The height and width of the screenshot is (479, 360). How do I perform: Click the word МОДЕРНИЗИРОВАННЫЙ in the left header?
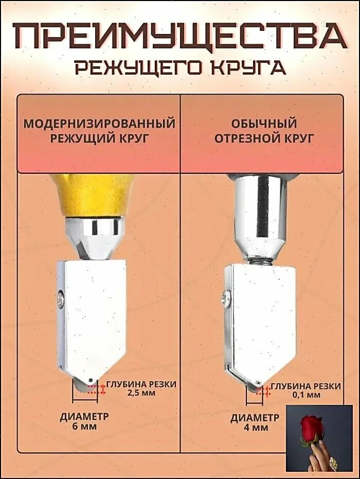pyautogui.click(x=100, y=124)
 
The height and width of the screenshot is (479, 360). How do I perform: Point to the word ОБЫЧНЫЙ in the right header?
pyautogui.click(x=264, y=124)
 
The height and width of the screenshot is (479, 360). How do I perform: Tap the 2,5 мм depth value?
pyautogui.click(x=140, y=392)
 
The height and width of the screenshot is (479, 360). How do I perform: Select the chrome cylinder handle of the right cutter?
pyautogui.click(x=262, y=217)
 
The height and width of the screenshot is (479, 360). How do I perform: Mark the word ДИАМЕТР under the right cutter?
pyautogui.click(x=255, y=417)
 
